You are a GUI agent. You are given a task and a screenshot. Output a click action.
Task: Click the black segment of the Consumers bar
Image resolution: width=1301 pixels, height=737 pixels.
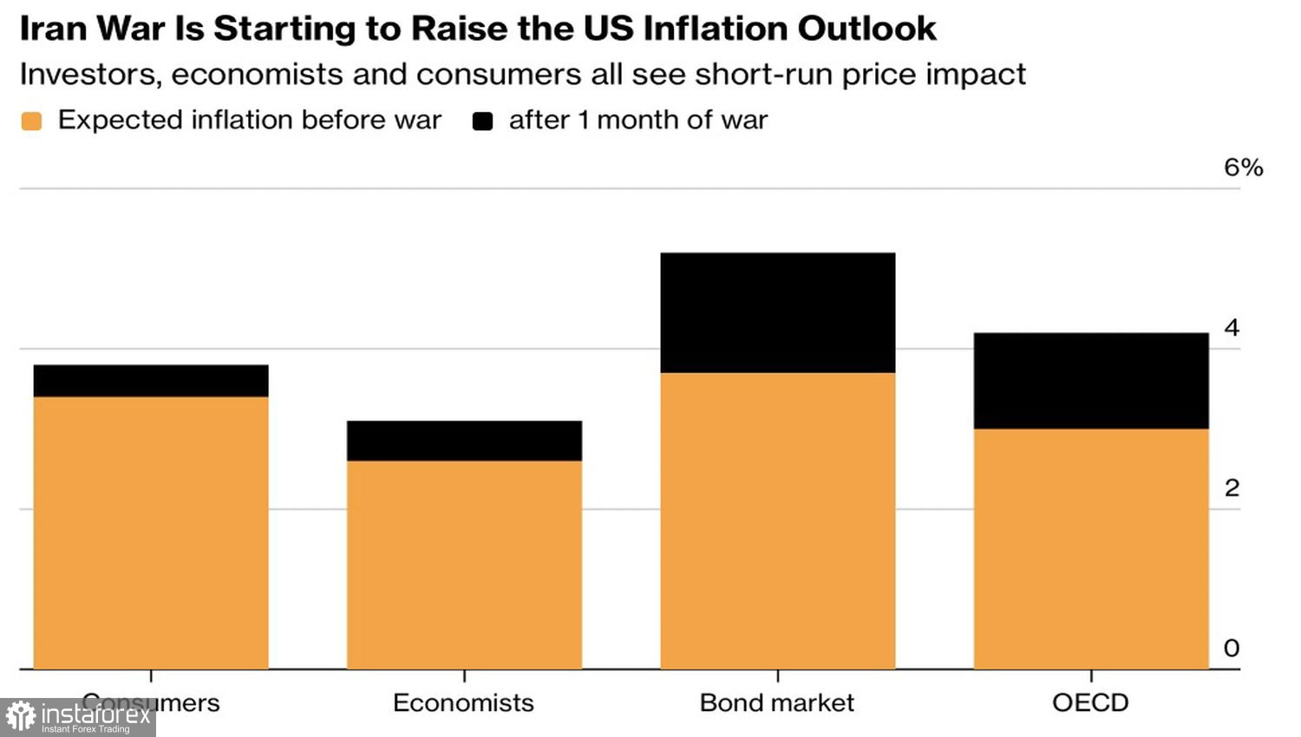pyautogui.click(x=151, y=381)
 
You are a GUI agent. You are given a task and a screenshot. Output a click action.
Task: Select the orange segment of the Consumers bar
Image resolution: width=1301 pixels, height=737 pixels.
pyautogui.click(x=151, y=532)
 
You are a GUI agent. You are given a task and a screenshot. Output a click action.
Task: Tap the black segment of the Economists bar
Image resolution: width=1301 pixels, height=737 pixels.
pyautogui.click(x=464, y=440)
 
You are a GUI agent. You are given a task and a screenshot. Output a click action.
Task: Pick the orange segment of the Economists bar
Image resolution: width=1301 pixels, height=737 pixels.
pyautogui.click(x=464, y=564)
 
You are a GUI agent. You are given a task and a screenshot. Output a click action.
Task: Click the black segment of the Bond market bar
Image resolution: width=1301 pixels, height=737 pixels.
pyautogui.click(x=777, y=313)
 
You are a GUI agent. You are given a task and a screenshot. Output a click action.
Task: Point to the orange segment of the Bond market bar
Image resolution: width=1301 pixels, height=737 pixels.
pyautogui.click(x=777, y=520)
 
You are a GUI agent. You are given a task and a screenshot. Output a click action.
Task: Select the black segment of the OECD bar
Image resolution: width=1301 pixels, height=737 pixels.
pyautogui.click(x=1090, y=381)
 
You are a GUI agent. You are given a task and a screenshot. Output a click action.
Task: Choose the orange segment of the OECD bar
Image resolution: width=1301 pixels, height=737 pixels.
pyautogui.click(x=1090, y=548)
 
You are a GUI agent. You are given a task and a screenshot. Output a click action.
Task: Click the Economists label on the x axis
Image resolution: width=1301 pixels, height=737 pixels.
pyautogui.click(x=463, y=702)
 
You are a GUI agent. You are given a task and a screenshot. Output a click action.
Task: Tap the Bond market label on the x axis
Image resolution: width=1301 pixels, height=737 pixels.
pyautogui.click(x=776, y=702)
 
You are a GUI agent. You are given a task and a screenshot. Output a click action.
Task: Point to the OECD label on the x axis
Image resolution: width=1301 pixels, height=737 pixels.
pyautogui.click(x=1090, y=702)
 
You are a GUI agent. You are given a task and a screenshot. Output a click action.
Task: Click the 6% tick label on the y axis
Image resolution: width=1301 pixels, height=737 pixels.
pyautogui.click(x=1243, y=167)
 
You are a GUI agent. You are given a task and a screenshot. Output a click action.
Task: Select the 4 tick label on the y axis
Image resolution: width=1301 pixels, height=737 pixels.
pyautogui.click(x=1231, y=328)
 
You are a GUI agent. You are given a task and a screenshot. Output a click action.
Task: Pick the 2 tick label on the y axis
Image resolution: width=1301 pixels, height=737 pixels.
pyautogui.click(x=1231, y=488)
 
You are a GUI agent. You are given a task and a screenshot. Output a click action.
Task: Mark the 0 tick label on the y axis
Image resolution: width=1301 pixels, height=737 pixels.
pyautogui.click(x=1231, y=648)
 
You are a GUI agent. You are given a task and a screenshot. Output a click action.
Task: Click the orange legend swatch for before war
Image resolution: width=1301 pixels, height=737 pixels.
pyautogui.click(x=31, y=121)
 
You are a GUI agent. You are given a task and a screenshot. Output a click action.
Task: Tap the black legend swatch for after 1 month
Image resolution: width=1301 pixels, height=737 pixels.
pyautogui.click(x=482, y=121)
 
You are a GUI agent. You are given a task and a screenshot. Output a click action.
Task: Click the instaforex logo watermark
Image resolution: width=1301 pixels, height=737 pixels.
pyautogui.click(x=78, y=717)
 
